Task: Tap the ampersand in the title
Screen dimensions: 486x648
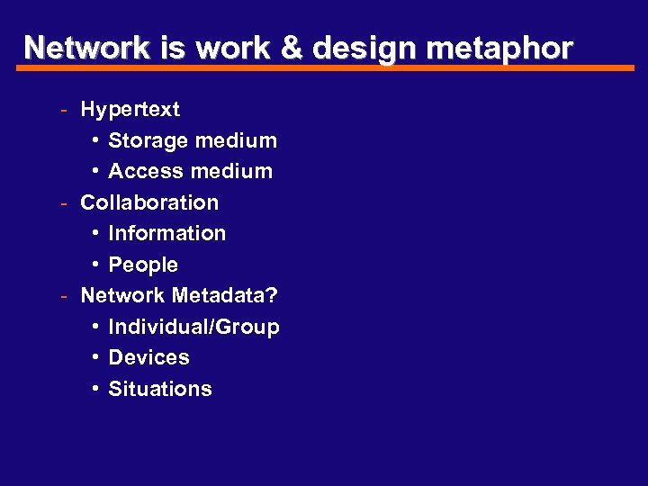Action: [x=292, y=48]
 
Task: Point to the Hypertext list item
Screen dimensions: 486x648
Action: [x=130, y=110]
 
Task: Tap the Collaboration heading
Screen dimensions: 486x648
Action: [x=149, y=202]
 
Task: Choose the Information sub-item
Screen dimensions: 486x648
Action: [x=166, y=233]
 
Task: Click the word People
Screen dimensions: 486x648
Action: [x=143, y=265]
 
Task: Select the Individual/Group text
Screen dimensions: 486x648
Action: [x=193, y=327]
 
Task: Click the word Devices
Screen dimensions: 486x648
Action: [x=148, y=357]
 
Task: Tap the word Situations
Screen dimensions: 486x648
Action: [x=160, y=389]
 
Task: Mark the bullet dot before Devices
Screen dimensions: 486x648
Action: [x=95, y=358]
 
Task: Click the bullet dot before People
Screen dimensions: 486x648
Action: [x=95, y=265]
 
